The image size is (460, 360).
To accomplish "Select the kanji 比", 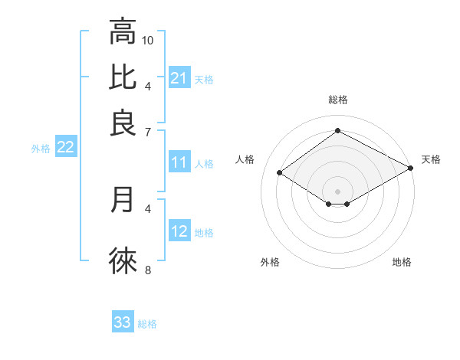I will [123, 77].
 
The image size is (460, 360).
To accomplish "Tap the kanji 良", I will [123, 123].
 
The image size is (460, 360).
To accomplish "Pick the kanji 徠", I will [123, 260].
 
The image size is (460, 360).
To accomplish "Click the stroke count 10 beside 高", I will [149, 39].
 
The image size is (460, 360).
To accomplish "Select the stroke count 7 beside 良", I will [149, 131].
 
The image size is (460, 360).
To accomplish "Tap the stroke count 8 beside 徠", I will [149, 269].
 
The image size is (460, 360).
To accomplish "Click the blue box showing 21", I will [179, 77].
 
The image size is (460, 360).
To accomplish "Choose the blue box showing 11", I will [179, 162].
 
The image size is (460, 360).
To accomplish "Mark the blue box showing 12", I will [179, 231].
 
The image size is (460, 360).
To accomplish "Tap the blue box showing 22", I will [65, 148].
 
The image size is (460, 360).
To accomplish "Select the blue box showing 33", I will [123, 322].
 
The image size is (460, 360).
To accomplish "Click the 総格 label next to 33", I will [148, 324].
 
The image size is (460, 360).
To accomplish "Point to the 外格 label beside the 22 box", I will [41, 149].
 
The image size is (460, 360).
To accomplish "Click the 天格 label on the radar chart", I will [432, 159].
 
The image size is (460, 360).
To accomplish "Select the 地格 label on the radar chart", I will [402, 262].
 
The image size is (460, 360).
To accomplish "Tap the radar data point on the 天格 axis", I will [411, 168].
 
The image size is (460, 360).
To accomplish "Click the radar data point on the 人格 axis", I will [280, 173].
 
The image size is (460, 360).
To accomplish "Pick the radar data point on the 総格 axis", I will [337, 130].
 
